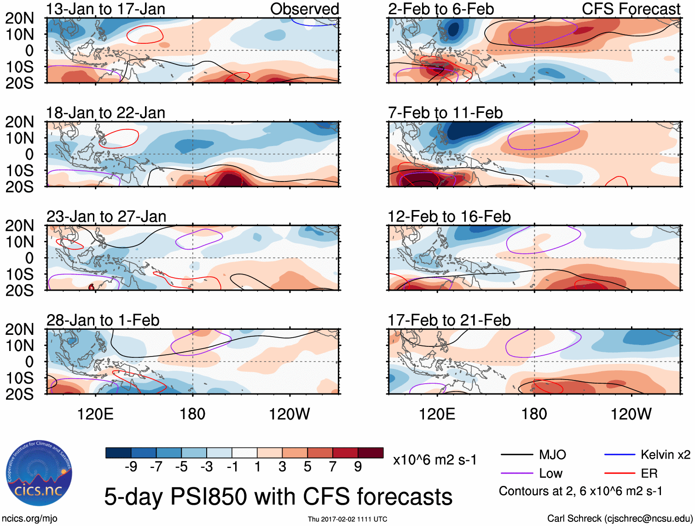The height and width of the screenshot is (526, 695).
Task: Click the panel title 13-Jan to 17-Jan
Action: click(105, 9)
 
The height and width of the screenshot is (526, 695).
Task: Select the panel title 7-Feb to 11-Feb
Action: click(445, 113)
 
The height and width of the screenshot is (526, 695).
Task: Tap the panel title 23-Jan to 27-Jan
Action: click(106, 216)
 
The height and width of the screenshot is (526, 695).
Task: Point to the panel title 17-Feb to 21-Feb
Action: click(449, 320)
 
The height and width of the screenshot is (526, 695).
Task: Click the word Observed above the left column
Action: click(304, 9)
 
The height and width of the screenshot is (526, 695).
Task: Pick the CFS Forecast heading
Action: click(631, 9)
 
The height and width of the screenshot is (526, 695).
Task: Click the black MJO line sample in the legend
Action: click(516, 455)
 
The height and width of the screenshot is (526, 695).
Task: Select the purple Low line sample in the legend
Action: click(516, 473)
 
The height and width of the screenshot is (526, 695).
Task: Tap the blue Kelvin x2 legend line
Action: click(619, 455)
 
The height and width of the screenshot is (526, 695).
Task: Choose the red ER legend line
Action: click(619, 473)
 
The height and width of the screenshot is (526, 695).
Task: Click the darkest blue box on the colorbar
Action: click(118, 453)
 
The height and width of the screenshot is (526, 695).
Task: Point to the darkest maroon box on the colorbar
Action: click(371, 453)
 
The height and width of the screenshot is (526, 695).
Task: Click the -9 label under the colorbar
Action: click(131, 467)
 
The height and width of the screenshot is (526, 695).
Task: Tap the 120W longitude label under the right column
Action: click(631, 414)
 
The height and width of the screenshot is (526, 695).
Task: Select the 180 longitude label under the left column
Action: click(192, 414)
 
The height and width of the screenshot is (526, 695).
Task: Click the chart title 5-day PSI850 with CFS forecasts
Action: click(278, 497)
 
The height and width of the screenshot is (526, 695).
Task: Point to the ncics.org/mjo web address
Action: click(29, 519)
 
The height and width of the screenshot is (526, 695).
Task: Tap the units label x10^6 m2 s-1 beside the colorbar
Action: click(434, 460)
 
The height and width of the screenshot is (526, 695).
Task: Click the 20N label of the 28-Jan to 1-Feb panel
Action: click(20, 329)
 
